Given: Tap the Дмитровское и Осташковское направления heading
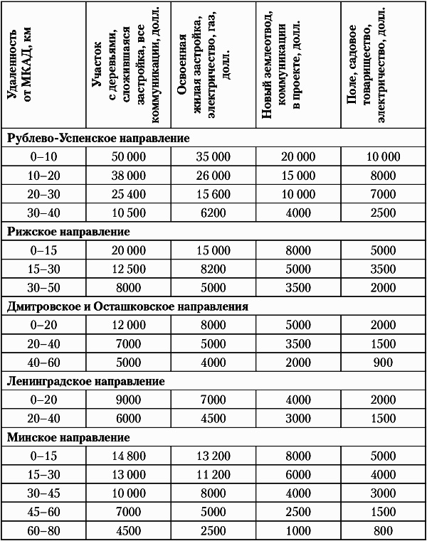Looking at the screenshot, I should [x=128, y=307].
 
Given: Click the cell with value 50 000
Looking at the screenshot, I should [x=129, y=157].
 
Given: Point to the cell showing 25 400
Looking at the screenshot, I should [x=129, y=194].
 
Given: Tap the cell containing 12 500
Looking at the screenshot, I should [x=129, y=269].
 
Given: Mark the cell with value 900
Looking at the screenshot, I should [x=383, y=363].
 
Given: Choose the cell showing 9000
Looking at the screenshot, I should [x=129, y=400].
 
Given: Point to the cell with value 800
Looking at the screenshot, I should [x=383, y=531].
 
